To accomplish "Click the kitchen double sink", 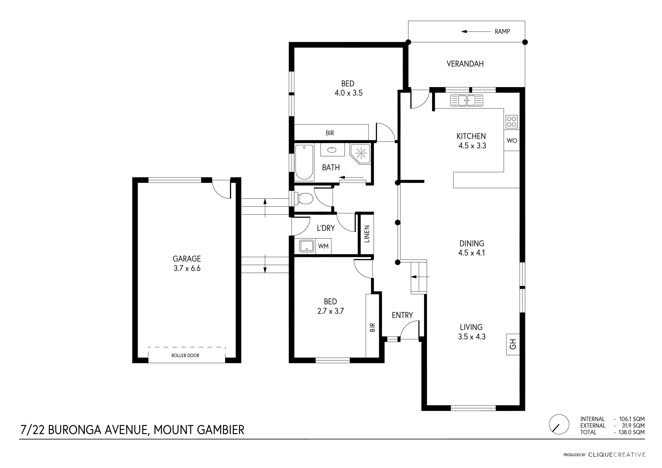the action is point(467,101).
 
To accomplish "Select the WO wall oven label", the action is point(512,141).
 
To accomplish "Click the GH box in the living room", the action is point(513,344).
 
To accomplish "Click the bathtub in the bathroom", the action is point(304,162).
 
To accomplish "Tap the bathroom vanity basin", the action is point(332,150).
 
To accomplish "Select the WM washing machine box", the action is point(323,246).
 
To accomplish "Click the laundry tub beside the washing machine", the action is point(307,246).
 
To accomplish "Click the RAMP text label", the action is point(502,32).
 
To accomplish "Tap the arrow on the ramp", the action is point(476,31).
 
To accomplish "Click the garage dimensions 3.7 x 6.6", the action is point(187,268).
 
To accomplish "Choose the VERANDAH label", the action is point(465,64).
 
